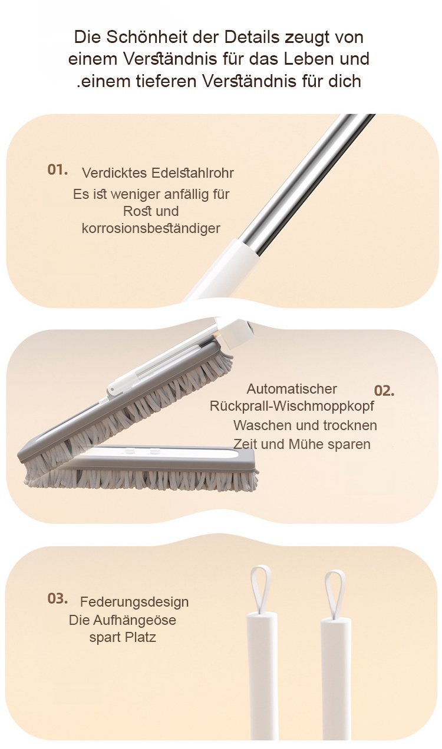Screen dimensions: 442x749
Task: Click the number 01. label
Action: [x=57, y=170]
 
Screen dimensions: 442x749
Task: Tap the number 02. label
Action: [x=384, y=391]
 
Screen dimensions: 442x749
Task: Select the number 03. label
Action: [x=57, y=598]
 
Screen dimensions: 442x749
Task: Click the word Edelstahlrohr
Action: [x=192, y=173]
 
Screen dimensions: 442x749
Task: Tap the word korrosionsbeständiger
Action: [x=151, y=228]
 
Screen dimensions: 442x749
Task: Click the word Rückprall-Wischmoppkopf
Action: [x=292, y=406]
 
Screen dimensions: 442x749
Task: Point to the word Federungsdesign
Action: [x=134, y=602]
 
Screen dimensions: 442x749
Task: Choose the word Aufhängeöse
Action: [x=134, y=620]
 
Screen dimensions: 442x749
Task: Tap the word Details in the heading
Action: [x=252, y=37]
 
